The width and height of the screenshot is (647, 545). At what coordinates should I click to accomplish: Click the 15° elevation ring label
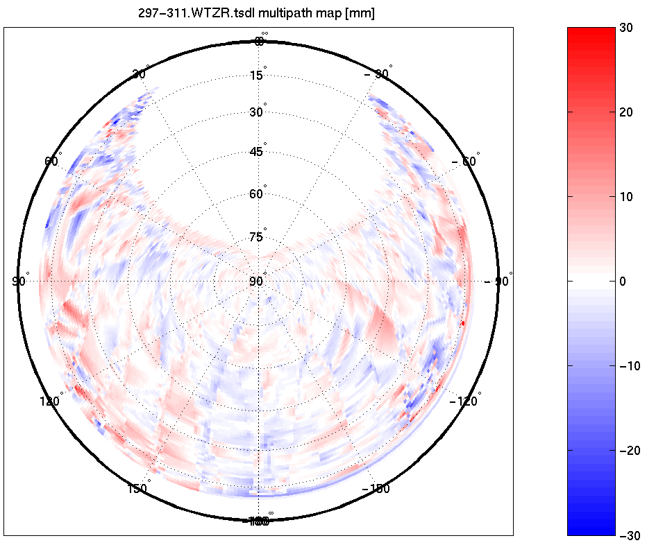click(257, 75)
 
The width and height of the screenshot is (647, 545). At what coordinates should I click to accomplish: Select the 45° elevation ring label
click(257, 152)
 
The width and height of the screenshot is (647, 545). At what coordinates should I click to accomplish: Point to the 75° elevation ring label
click(257, 237)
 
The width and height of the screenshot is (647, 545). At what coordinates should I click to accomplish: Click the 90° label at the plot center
click(257, 281)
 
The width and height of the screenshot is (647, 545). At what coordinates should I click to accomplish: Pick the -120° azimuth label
click(464, 401)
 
